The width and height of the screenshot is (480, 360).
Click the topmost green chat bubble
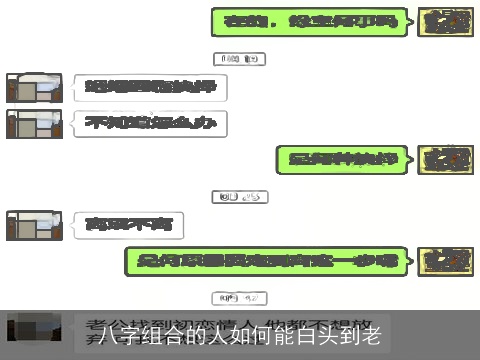pos(312,21)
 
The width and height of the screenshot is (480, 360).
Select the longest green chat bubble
pos(268,262)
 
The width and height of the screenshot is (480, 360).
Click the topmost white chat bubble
pos(149,88)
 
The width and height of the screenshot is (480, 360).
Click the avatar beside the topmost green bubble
pos(445,21)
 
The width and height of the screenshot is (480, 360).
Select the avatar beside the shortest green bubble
pos(445,158)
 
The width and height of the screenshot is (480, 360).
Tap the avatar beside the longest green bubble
pos(445,262)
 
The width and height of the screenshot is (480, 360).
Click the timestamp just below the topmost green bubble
pos(240,58)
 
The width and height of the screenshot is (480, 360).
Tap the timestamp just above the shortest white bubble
pos(240,196)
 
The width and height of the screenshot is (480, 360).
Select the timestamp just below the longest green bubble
pos(240,298)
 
